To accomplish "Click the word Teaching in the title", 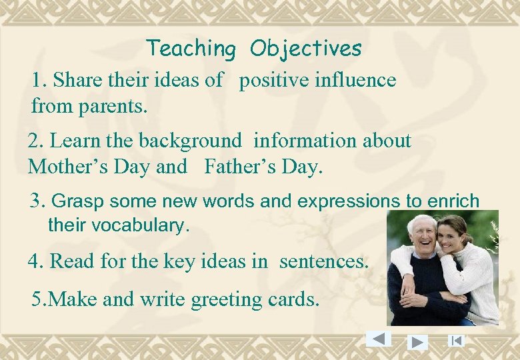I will click(x=191, y=49).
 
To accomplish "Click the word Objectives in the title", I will click(x=306, y=49).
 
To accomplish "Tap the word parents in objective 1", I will click(x=117, y=105).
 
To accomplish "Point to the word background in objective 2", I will click(x=190, y=141).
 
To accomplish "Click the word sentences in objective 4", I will click(x=323, y=261).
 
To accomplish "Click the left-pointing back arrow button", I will click(x=379, y=339).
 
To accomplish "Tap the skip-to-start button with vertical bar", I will click(x=456, y=341).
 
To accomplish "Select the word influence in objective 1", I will click(x=356, y=81).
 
